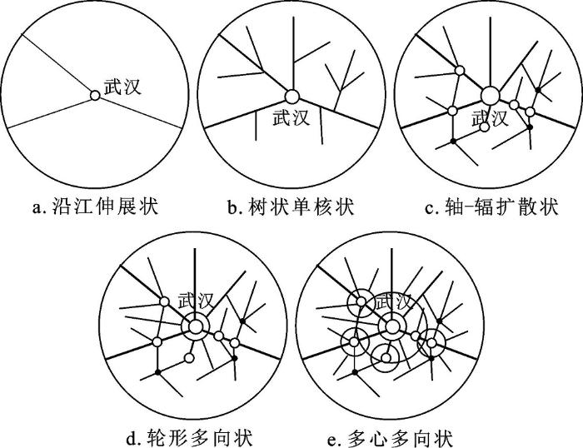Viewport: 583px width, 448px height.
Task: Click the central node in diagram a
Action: click(x=95, y=96)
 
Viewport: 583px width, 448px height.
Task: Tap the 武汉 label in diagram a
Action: click(x=122, y=87)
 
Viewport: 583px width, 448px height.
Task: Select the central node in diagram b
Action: click(x=291, y=97)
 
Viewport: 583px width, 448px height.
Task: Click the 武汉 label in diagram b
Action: click(x=291, y=117)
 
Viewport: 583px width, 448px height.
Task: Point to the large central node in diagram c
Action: click(x=490, y=96)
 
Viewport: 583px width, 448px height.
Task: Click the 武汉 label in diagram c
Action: click(x=490, y=118)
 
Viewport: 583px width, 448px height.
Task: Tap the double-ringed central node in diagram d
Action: click(x=195, y=327)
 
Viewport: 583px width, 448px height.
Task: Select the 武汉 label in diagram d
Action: click(x=196, y=301)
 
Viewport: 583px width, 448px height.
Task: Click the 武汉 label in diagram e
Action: click(x=394, y=301)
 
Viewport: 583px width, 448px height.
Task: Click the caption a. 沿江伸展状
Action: click(x=96, y=207)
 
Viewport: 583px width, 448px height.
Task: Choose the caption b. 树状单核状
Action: click(x=291, y=207)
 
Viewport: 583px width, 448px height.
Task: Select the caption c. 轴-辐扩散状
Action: click(x=491, y=207)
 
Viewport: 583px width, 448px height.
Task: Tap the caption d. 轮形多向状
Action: click(x=190, y=437)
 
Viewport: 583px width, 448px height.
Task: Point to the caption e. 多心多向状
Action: click(x=390, y=437)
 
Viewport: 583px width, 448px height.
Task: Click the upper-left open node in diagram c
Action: click(x=460, y=70)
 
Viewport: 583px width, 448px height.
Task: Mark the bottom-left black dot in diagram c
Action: click(x=453, y=142)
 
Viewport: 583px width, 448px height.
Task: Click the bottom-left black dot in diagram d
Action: click(x=158, y=372)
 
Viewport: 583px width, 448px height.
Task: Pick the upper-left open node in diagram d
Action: click(x=164, y=301)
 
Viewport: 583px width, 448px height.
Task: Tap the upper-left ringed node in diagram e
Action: click(x=361, y=301)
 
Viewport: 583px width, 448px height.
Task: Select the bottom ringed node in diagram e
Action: click(x=386, y=358)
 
